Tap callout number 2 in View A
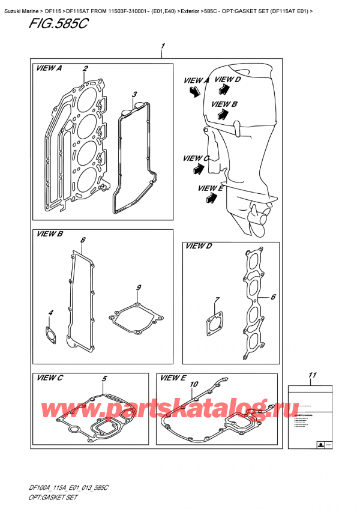click(86, 68)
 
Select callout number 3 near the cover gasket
click(134, 95)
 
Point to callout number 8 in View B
click(83, 241)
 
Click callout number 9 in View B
click(138, 288)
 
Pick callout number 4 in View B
click(51, 313)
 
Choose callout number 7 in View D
click(217, 300)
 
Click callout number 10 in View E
click(193, 384)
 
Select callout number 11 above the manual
click(311, 376)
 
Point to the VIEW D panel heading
click(199, 246)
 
